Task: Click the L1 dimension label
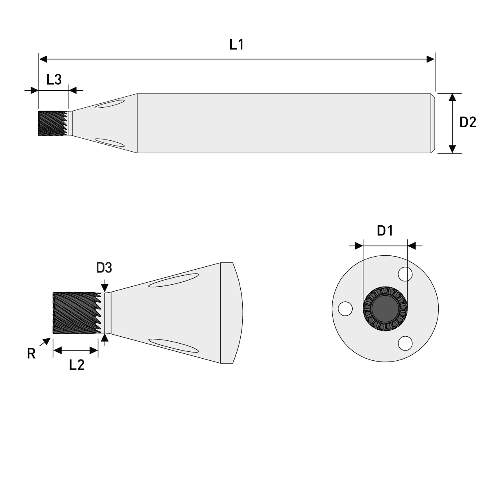(236, 44)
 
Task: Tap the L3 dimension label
(54, 79)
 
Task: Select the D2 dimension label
(468, 122)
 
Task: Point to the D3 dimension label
(104, 268)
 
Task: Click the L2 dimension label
(76, 365)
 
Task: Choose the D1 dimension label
(385, 231)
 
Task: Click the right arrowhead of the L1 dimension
(430, 59)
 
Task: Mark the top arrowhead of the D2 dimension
(452, 98)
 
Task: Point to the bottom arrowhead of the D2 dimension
(452, 149)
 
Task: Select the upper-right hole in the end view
(405, 274)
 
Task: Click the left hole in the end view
(345, 308)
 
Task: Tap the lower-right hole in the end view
(405, 343)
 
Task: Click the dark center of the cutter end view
(385, 309)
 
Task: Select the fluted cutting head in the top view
(52, 123)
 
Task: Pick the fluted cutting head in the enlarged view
(75, 313)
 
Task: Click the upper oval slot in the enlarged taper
(174, 280)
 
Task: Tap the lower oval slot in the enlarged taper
(174, 345)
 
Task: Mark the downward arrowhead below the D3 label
(105, 288)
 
